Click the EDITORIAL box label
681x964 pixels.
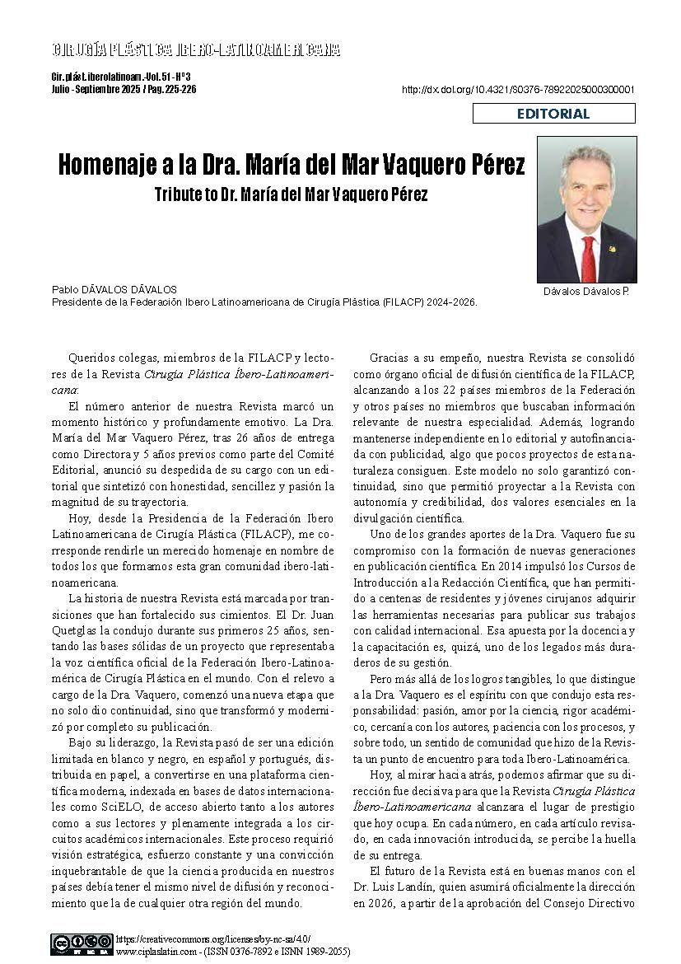click(553, 114)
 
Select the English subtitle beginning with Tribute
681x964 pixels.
click(291, 195)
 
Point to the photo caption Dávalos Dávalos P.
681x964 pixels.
click(585, 292)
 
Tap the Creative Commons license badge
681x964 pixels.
click(82, 943)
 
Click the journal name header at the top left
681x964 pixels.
click(196, 50)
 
